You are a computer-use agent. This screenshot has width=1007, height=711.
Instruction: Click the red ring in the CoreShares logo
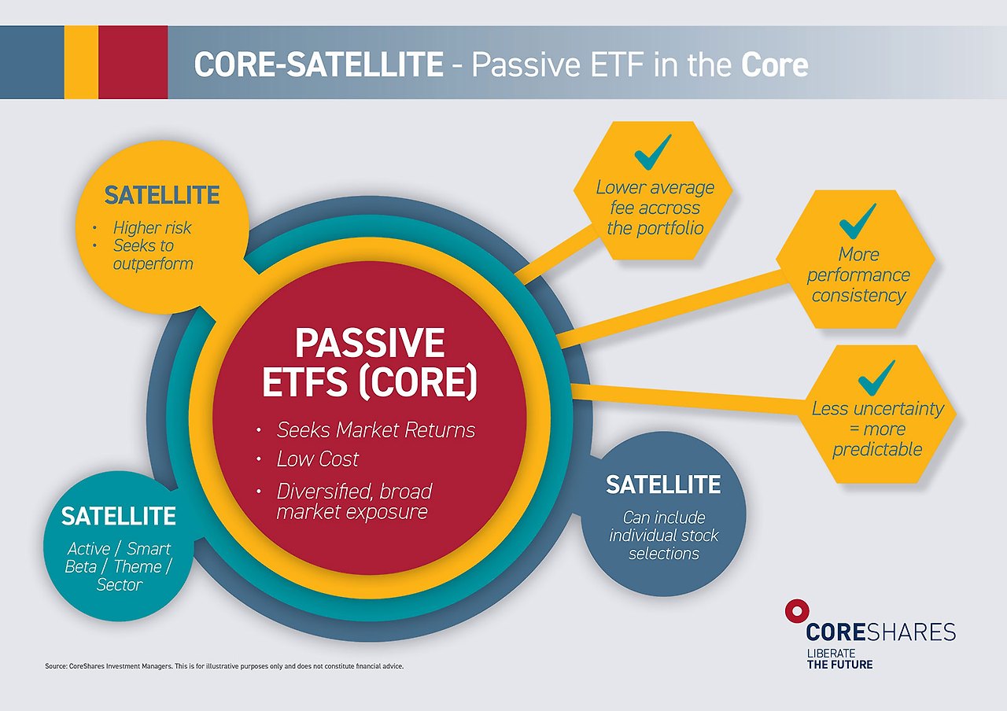pos(797,611)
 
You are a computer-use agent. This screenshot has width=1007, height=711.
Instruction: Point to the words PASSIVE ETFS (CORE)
pos(370,363)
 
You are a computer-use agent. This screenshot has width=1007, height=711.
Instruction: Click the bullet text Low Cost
pos(317,459)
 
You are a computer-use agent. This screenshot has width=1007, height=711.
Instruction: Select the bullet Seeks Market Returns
pos(376,430)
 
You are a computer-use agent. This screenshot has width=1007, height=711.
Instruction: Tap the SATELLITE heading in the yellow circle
pos(162,195)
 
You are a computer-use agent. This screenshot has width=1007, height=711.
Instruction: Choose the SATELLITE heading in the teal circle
pos(118,516)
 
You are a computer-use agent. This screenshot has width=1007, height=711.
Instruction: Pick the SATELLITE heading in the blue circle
pos(663,484)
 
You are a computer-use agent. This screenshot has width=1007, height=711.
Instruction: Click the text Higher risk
pos(153,228)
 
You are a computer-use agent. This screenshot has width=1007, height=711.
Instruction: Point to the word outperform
pos(153,263)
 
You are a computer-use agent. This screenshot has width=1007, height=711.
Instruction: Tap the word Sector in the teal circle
pos(120,584)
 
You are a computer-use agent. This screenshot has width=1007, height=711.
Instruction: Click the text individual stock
pos(664,536)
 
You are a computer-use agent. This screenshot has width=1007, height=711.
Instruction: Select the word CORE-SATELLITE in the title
pos(319,64)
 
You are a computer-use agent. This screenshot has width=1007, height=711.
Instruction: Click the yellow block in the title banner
pos(81,62)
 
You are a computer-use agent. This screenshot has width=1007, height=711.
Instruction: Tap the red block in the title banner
pos(133,62)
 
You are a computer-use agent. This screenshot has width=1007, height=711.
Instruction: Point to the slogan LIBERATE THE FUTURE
pos(839,659)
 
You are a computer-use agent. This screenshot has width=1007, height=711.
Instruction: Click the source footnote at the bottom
pos(224,666)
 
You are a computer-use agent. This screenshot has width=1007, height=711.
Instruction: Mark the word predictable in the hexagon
pos(877,449)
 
